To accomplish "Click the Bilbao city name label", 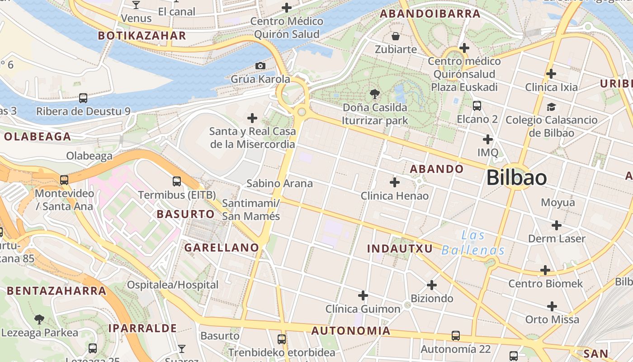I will (x=516, y=178).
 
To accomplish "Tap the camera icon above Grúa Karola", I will (x=260, y=66).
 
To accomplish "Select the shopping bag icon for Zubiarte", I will (x=396, y=36).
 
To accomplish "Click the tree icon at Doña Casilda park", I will (x=374, y=94).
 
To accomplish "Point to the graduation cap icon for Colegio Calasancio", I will (x=551, y=107).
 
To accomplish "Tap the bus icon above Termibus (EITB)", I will (x=177, y=181).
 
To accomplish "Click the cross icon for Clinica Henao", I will (x=395, y=182).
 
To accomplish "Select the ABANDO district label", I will (x=436, y=169).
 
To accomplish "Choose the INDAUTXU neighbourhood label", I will (x=400, y=248).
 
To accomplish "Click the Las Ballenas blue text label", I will (x=473, y=243).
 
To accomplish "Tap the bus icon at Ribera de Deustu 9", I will (x=83, y=98).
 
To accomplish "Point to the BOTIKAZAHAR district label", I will (x=142, y=36).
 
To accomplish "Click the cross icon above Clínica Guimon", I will (x=363, y=296).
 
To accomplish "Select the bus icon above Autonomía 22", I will (x=456, y=336).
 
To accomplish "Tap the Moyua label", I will (x=557, y=202).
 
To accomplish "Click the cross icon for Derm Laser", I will (x=557, y=225).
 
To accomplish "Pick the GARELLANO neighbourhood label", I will (x=222, y=248).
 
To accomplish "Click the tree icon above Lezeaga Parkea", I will (x=39, y=319).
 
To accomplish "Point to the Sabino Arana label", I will (x=279, y=183).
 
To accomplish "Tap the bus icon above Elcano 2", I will (x=477, y=106).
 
